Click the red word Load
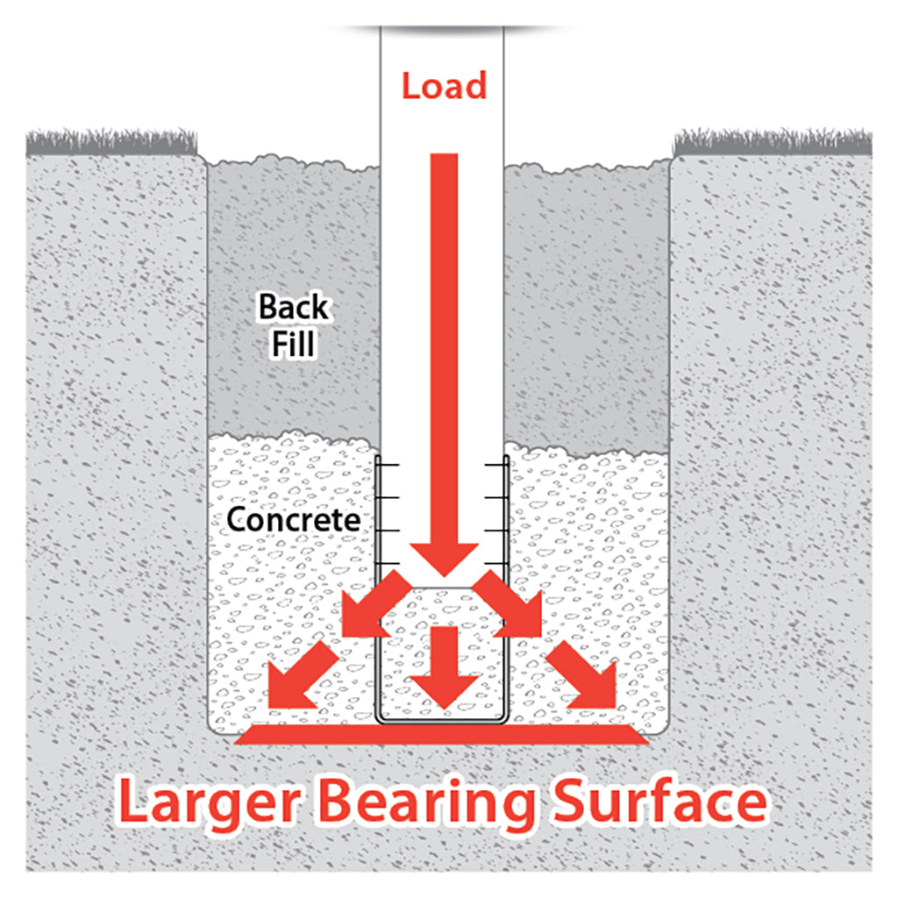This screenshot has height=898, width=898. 444,86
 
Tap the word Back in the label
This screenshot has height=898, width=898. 294,307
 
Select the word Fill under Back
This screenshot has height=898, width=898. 293,344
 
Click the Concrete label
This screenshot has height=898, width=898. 293,520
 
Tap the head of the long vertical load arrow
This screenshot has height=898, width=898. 445,559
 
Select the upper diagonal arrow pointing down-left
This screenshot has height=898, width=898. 375,605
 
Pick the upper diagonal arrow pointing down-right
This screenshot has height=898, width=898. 509,605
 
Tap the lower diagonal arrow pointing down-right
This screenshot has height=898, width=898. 581,674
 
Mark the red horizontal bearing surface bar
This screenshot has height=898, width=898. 442,734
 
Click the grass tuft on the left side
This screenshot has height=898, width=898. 111,142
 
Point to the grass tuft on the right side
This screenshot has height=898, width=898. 773,142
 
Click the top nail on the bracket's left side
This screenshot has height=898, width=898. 388,465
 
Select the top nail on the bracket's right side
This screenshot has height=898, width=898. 496,465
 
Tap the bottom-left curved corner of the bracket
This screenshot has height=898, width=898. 381,718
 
